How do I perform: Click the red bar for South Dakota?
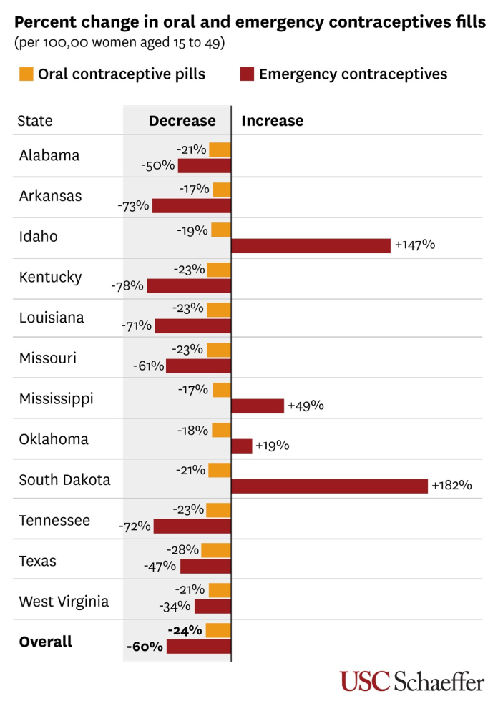pyautogui.click(x=329, y=486)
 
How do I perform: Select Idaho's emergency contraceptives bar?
pyautogui.click(x=311, y=245)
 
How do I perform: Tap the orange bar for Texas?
pyautogui.click(x=216, y=550)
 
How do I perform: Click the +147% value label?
pyautogui.click(x=414, y=245)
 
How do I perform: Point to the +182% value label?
pyautogui.click(x=451, y=486)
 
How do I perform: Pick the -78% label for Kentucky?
pyautogui.click(x=127, y=286)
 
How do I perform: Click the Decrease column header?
pyautogui.click(x=182, y=121)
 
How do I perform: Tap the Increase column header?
pyautogui.click(x=272, y=121)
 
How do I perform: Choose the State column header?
pyautogui.click(x=34, y=121)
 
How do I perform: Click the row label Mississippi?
pyautogui.click(x=56, y=398)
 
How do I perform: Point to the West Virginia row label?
pyautogui.click(x=64, y=601)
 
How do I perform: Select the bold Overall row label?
pyautogui.click(x=45, y=642)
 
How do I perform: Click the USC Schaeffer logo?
pyautogui.click(x=412, y=680)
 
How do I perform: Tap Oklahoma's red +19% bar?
pyautogui.click(x=242, y=446)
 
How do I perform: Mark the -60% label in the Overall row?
pyautogui.click(x=145, y=647)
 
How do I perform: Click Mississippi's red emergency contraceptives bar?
pyautogui.click(x=258, y=406)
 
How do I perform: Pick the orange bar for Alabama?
pyautogui.click(x=220, y=149)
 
